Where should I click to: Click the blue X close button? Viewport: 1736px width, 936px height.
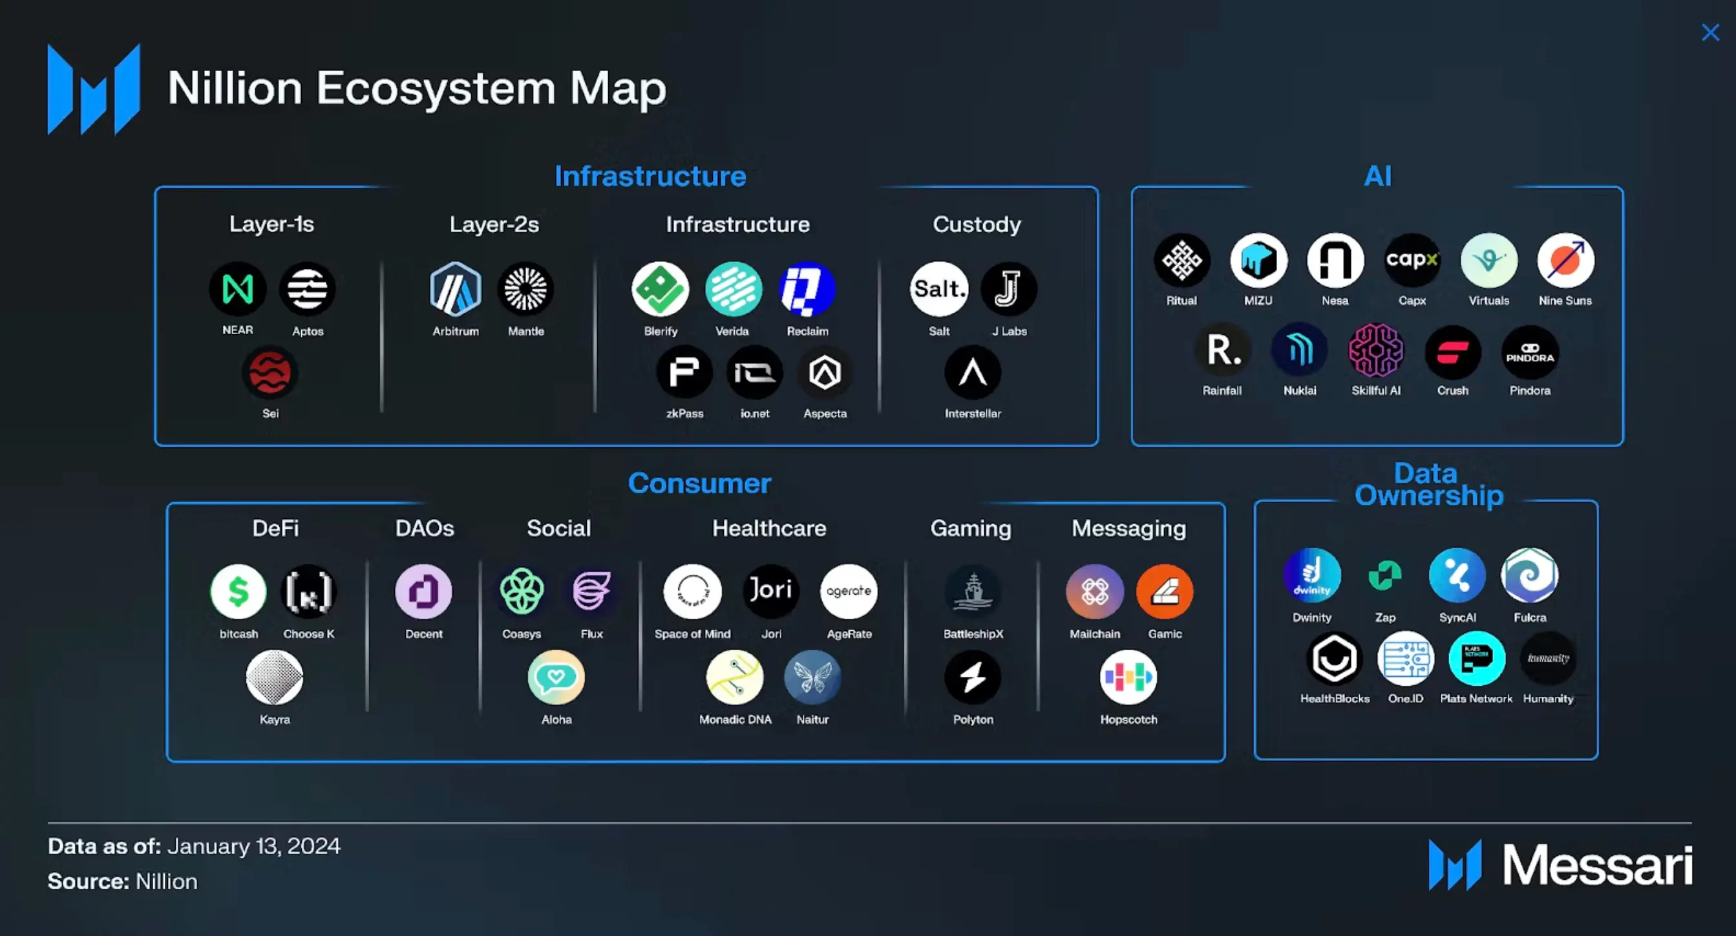[x=1710, y=32]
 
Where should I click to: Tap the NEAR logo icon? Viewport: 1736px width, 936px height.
[x=238, y=289]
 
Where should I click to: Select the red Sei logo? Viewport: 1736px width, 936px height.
[x=270, y=372]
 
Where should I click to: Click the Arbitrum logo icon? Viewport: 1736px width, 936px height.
[x=456, y=289]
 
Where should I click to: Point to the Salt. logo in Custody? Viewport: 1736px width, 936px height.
[x=938, y=289]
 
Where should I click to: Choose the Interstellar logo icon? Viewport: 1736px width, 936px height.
[x=973, y=372]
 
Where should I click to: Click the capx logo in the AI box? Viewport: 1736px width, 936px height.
[x=1412, y=260]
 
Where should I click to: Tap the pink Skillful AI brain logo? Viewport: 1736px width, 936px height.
[x=1375, y=350]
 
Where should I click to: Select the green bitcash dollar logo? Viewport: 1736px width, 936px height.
[x=238, y=591]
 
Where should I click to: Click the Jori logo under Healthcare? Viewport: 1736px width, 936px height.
[x=771, y=590]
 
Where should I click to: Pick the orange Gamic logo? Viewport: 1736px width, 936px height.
[x=1165, y=591]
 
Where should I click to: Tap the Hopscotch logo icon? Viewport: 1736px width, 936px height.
[x=1128, y=677]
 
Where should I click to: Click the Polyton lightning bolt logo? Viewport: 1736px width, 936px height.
[x=973, y=677]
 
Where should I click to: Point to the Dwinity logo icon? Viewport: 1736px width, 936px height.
[x=1311, y=575]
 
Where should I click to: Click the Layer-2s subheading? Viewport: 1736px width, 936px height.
[x=494, y=224]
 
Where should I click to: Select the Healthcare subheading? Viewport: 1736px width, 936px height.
[x=769, y=528]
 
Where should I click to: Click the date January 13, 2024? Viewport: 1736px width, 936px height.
[x=253, y=846]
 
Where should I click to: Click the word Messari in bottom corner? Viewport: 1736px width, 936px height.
[x=1597, y=866]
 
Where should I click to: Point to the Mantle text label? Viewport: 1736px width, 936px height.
[x=525, y=331]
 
